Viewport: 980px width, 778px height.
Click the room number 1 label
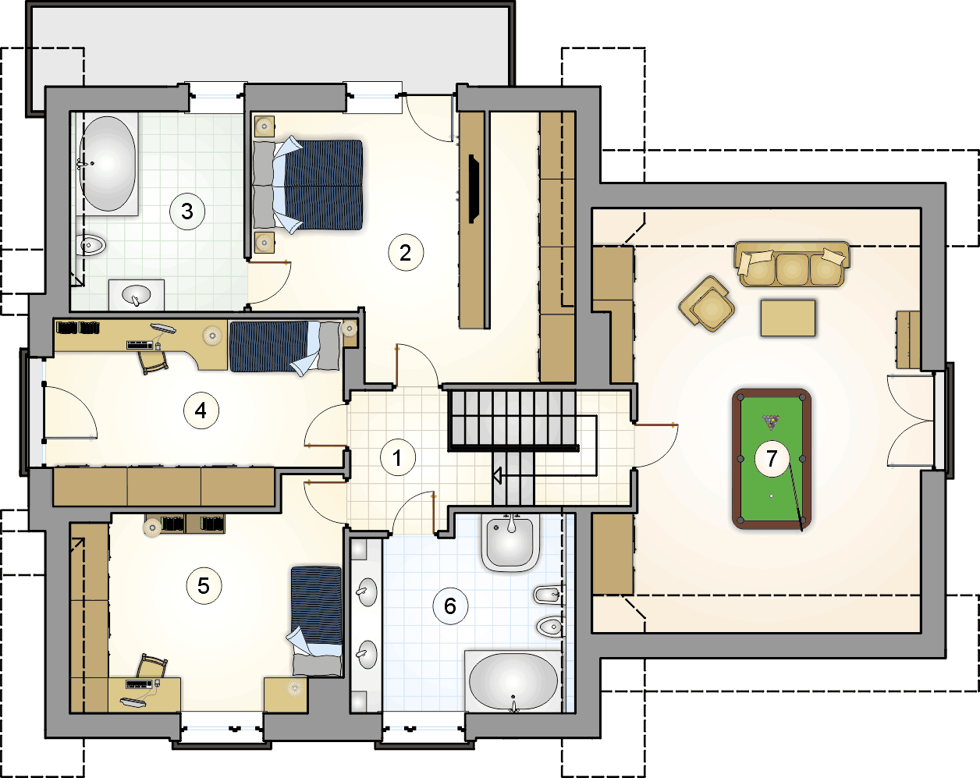click(x=398, y=457)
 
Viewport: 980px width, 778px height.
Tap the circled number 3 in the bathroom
click(x=187, y=211)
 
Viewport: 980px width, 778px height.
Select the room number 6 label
click(x=450, y=606)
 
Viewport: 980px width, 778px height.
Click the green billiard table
click(x=772, y=459)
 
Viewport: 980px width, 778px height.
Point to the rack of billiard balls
click(x=771, y=422)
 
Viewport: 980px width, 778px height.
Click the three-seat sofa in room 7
click(x=792, y=265)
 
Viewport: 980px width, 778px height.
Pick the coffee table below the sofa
click(x=788, y=318)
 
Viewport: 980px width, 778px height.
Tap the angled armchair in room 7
click(x=707, y=304)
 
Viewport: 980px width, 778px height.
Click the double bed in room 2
click(x=308, y=186)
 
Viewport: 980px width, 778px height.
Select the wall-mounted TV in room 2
click(x=474, y=189)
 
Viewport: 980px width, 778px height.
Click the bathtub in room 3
click(x=108, y=164)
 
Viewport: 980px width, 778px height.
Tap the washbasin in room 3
click(x=137, y=295)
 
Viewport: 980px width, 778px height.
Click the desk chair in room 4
click(x=154, y=361)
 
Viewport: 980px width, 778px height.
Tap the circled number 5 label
click(x=204, y=586)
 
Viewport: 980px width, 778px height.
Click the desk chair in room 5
click(x=152, y=666)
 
